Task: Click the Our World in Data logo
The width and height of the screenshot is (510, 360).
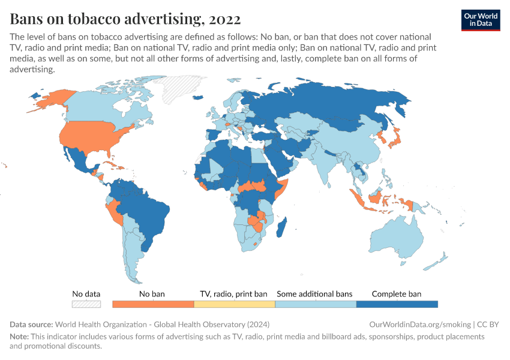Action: coord(481,19)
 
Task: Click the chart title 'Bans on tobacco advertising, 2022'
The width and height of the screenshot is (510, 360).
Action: coord(125,19)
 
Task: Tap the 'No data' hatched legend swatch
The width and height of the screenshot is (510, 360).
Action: coord(86,304)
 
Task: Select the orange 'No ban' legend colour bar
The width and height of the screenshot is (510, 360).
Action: coord(152,304)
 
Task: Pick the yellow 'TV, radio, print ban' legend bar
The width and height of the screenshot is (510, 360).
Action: coord(234,304)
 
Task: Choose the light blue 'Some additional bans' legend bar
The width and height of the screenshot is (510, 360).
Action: coord(315,304)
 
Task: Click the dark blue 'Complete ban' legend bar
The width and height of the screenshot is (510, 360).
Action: coord(397,304)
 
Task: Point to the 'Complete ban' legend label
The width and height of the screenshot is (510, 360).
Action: coord(397,294)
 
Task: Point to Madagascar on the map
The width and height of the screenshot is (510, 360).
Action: coord(283,231)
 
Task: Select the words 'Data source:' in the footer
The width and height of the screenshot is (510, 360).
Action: coord(31,325)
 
